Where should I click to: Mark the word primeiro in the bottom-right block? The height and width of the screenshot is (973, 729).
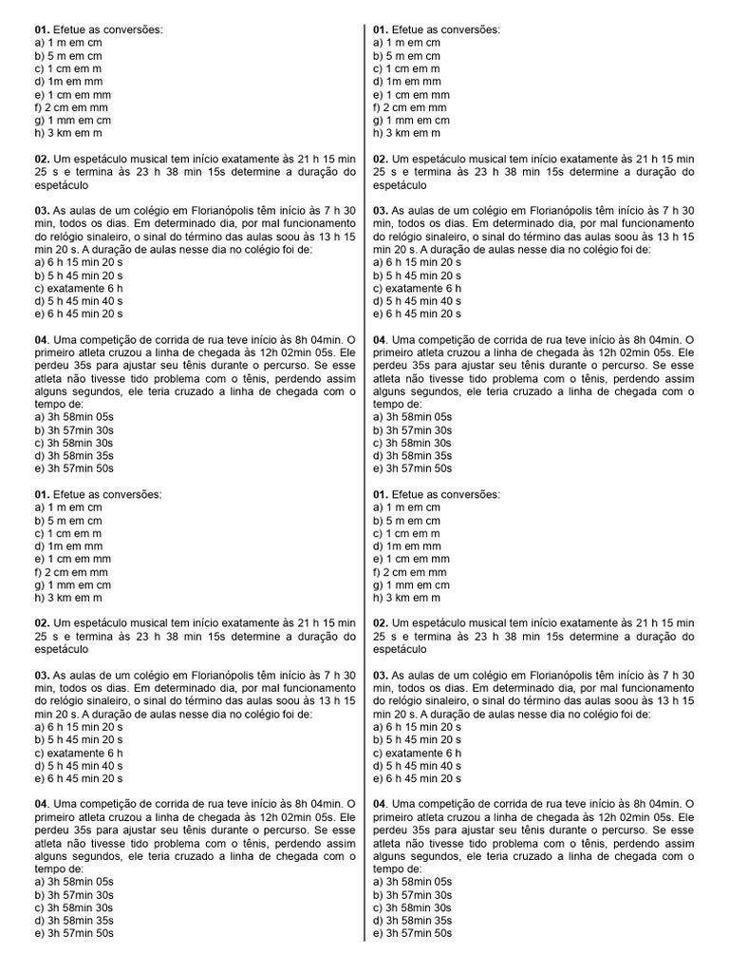pyautogui.click(x=394, y=818)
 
